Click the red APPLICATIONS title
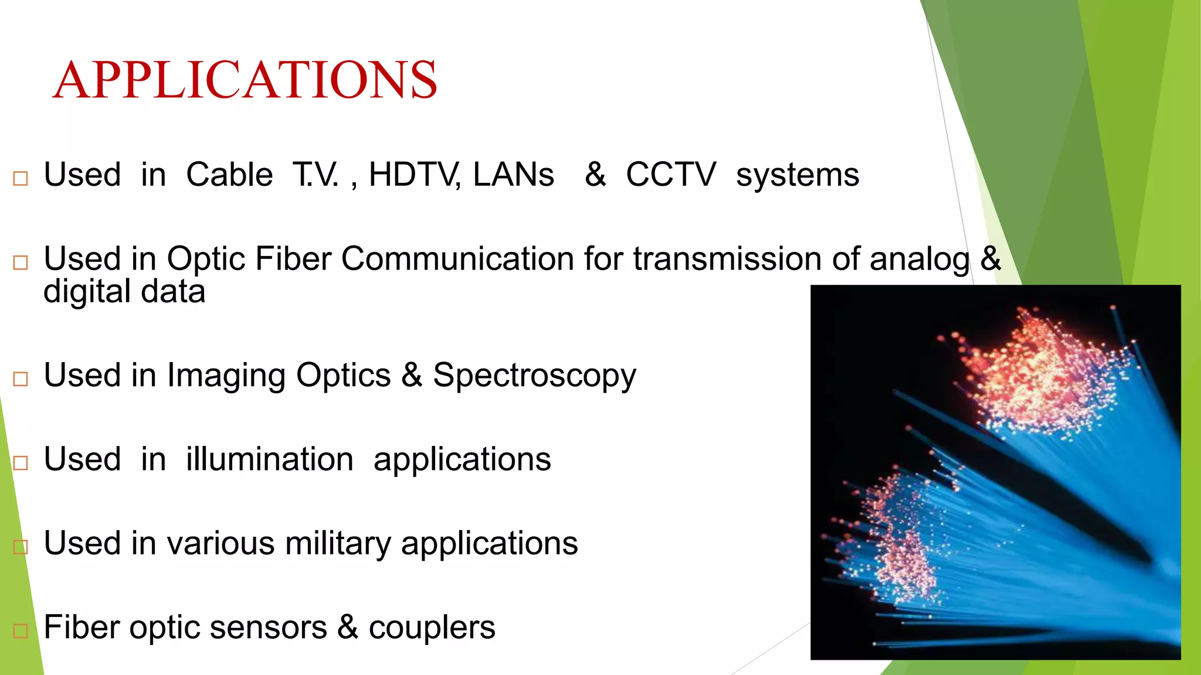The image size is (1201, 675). pos(245,80)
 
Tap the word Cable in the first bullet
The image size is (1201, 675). pos(229,175)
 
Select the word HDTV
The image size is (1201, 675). pos(413,175)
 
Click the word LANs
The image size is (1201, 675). pos(513,175)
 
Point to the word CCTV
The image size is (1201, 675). pos(670,175)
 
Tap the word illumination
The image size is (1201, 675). pos(270,459)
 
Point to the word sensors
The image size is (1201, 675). pos(268,628)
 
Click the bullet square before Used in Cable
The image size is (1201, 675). pos(21,178)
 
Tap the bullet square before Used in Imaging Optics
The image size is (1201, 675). pos(21,379)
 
